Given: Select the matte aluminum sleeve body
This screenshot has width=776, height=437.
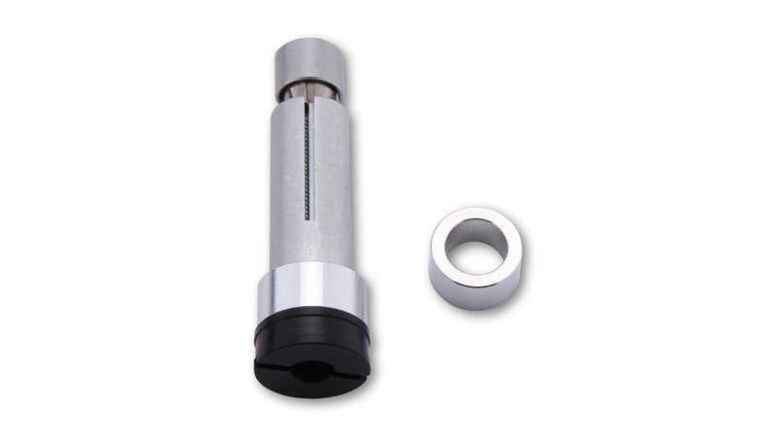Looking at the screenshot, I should coord(330,185).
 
